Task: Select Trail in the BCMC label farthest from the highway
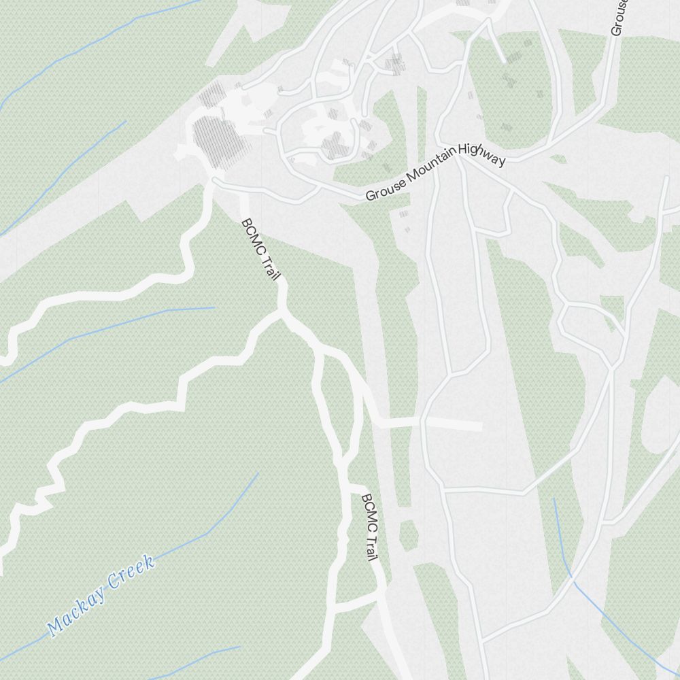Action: pos(371,546)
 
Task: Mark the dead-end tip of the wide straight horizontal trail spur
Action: pos(480,426)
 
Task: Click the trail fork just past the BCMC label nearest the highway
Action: pos(281,314)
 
